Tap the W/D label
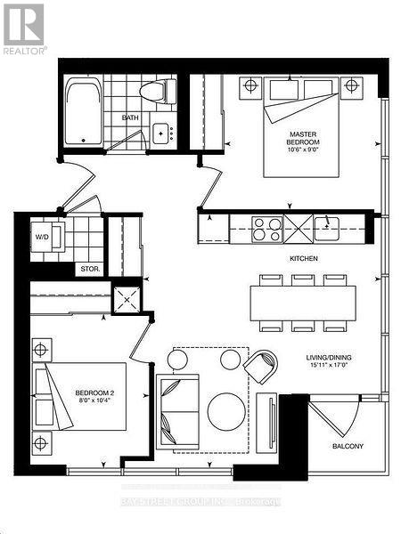pyautogui.click(x=41, y=238)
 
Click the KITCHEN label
pyautogui.click(x=304, y=258)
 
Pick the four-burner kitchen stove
pyautogui.click(x=268, y=230)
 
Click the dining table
pyautogui.click(x=303, y=302)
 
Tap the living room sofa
pyautogui.click(x=178, y=409)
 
